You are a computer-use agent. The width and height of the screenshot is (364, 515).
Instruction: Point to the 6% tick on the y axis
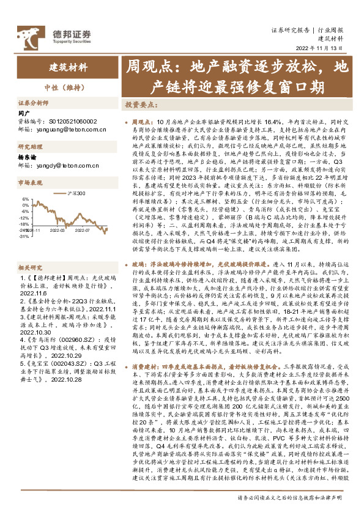24,199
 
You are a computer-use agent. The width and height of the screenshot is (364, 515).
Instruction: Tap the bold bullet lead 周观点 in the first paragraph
141,123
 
